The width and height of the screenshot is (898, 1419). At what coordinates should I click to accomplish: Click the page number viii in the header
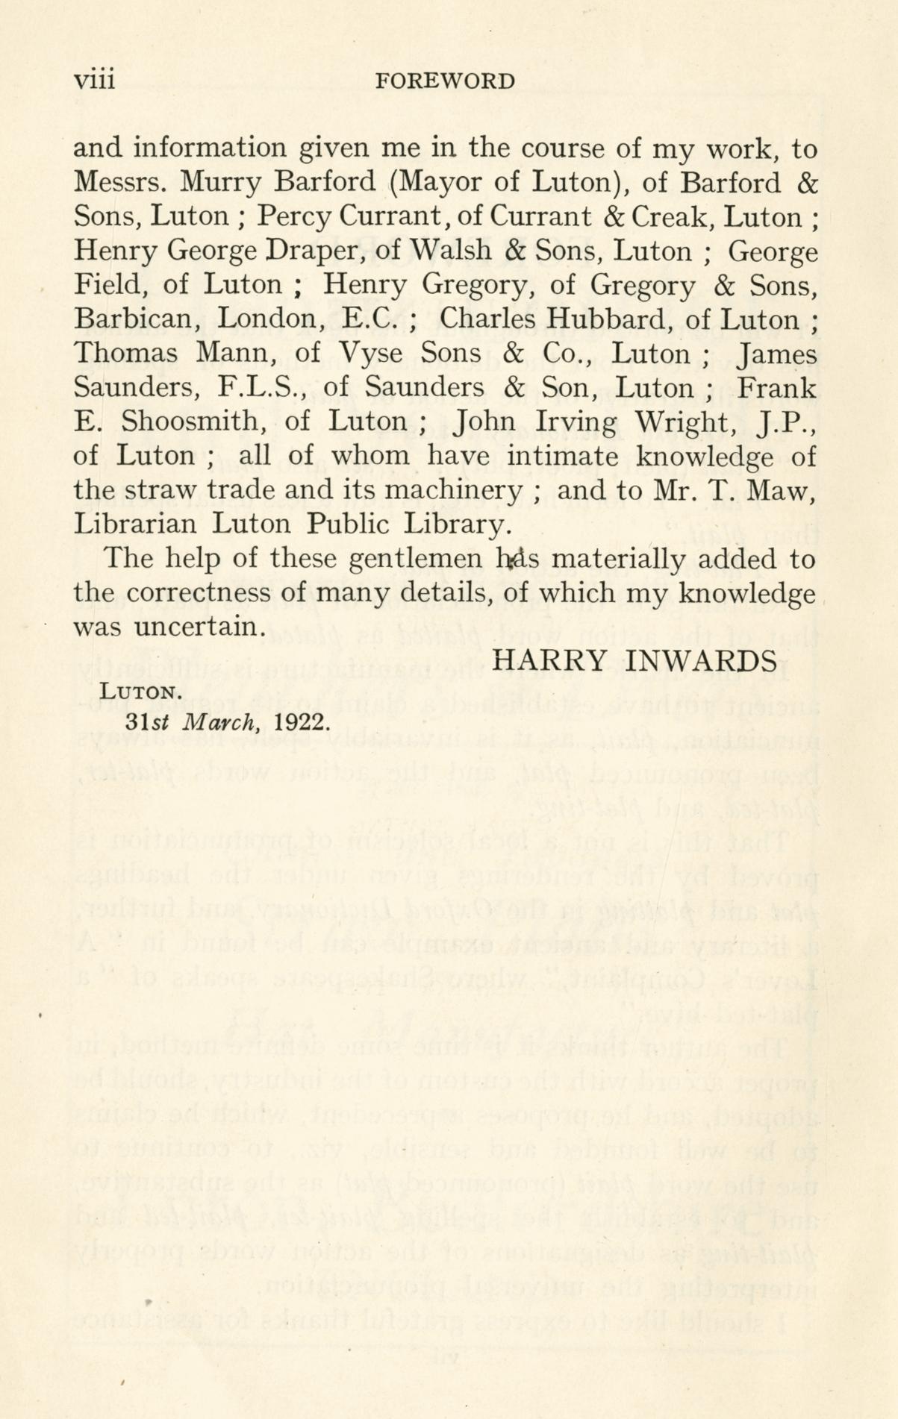click(94, 80)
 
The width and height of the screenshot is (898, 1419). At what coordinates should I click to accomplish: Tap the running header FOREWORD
click(446, 81)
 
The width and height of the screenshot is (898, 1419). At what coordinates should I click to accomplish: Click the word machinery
click(465, 490)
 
